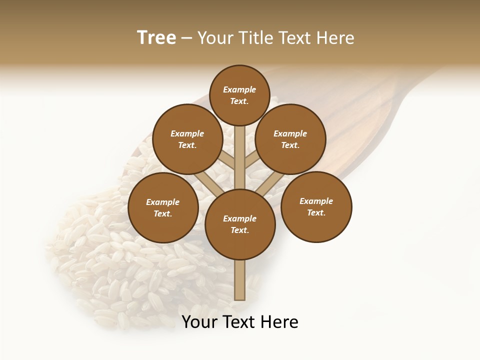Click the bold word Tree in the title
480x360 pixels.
pyautogui.click(x=156, y=38)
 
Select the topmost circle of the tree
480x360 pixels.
pyautogui.click(x=239, y=95)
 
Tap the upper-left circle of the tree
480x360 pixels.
pyautogui.click(x=187, y=139)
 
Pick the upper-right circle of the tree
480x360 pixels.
pyautogui.click(x=290, y=139)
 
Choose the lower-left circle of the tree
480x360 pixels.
pyautogui.click(x=163, y=207)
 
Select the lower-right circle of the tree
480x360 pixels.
pyautogui.click(x=316, y=206)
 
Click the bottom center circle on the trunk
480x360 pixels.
pyautogui.click(x=240, y=224)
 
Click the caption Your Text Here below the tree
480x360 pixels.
pyautogui.click(x=240, y=322)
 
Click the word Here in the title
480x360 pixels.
pyautogui.click(x=337, y=38)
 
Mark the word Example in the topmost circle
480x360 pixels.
pyautogui.click(x=239, y=89)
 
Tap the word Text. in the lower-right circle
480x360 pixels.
pyautogui.click(x=316, y=212)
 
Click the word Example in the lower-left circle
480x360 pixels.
pyautogui.click(x=163, y=202)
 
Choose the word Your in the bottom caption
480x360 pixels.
pyautogui.click(x=198, y=322)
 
